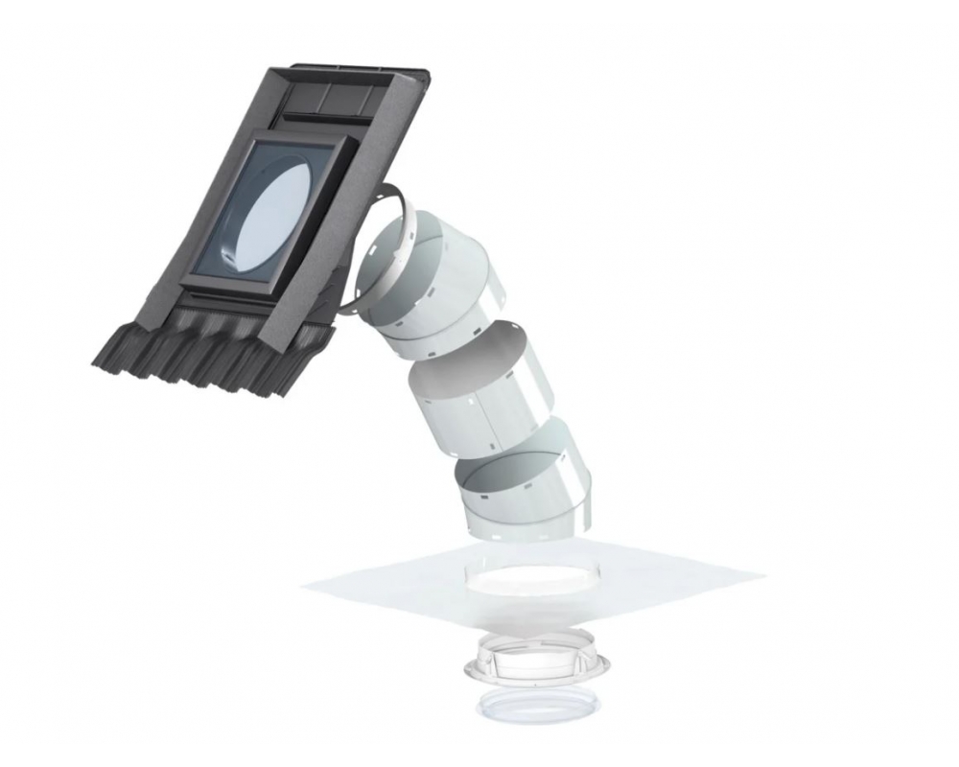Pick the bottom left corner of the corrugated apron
tap(96, 361)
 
